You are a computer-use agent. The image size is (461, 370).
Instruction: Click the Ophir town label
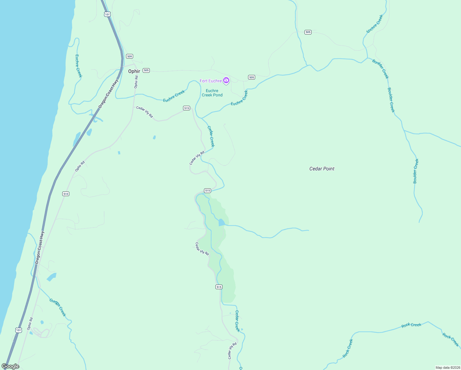[x=134, y=71]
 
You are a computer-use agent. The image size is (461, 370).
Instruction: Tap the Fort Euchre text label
[x=210, y=81]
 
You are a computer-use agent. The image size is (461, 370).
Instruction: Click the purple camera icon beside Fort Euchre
[x=226, y=80]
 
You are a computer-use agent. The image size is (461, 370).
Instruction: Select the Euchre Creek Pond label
[x=212, y=93]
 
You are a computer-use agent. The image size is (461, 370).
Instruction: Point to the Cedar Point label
[x=322, y=169]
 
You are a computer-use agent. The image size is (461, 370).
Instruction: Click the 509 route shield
[x=129, y=56]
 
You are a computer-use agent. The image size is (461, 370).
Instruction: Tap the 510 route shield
[x=66, y=194]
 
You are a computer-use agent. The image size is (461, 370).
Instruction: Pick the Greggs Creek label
[x=58, y=307]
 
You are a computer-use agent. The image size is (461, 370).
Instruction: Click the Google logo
[x=10, y=366]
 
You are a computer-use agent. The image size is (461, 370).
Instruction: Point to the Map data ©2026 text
[x=447, y=368]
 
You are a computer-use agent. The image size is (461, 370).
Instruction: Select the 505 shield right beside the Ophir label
[x=146, y=70]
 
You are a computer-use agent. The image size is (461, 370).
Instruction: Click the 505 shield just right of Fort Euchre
[x=252, y=77]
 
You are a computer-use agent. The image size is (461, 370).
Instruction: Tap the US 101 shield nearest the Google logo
[x=19, y=330]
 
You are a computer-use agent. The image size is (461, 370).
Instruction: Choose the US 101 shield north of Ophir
[x=107, y=14]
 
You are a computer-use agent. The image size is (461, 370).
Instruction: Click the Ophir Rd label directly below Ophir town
[x=136, y=82]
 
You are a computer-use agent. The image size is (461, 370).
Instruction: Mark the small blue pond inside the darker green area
[x=221, y=222]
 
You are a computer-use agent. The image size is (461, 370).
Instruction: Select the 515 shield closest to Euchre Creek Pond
[x=186, y=108]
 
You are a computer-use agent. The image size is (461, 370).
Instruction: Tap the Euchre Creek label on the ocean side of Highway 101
[x=79, y=66]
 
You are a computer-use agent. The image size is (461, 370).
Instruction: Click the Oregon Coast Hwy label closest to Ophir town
[x=108, y=94]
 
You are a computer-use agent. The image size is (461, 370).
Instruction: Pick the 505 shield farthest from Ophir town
[x=308, y=32]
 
